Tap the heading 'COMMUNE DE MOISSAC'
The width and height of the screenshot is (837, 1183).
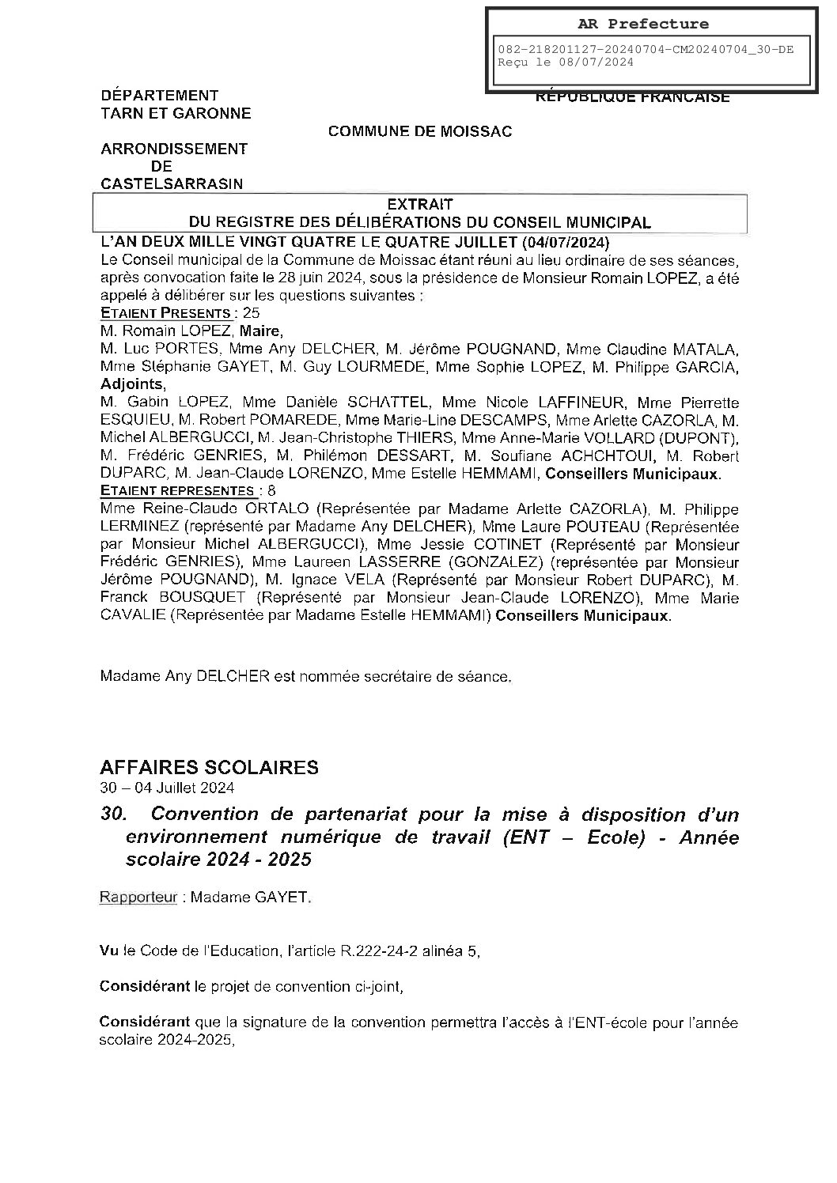(420, 131)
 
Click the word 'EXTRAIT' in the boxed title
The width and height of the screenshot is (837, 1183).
(420, 204)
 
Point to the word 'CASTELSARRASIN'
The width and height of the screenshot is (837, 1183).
(172, 183)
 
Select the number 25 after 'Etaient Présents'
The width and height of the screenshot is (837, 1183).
(252, 312)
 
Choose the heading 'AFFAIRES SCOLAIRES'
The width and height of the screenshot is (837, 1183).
(209, 766)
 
